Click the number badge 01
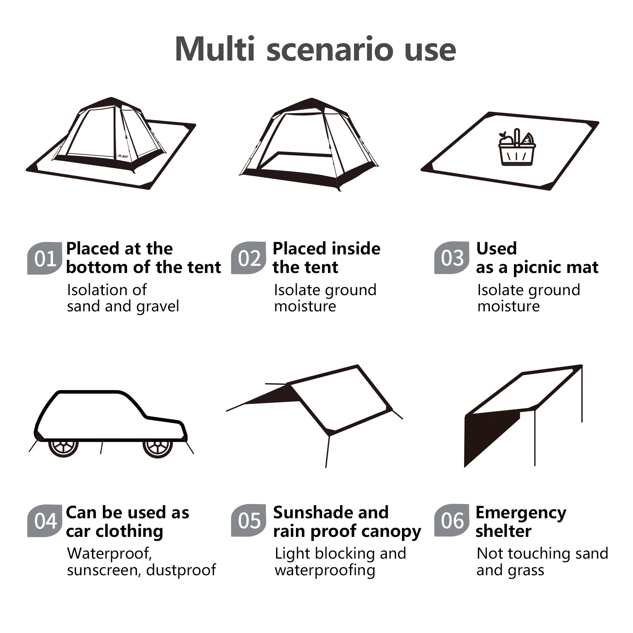pyautogui.click(x=45, y=258)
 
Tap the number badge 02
pyautogui.click(x=248, y=258)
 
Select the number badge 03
pyautogui.click(x=452, y=258)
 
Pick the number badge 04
pyautogui.click(x=45, y=521)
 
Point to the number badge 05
pyautogui.click(x=248, y=521)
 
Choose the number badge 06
pyautogui.click(x=452, y=521)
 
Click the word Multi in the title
pyautogui.click(x=215, y=49)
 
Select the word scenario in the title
pyautogui.click(x=330, y=50)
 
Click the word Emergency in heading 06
pyautogui.click(x=521, y=513)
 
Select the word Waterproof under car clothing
pyautogui.click(x=109, y=553)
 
